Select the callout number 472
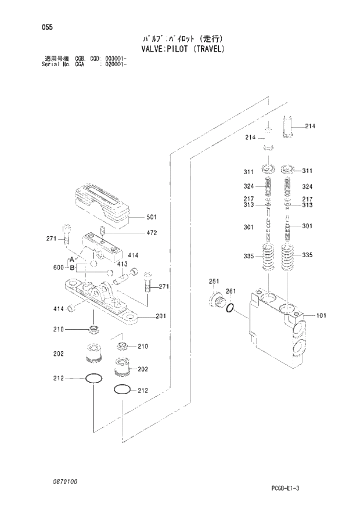coord(135,233)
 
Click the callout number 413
coord(122,264)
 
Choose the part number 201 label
coord(161,317)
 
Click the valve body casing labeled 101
coord(273,331)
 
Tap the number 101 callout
coord(321,316)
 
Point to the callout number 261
coord(230,291)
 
